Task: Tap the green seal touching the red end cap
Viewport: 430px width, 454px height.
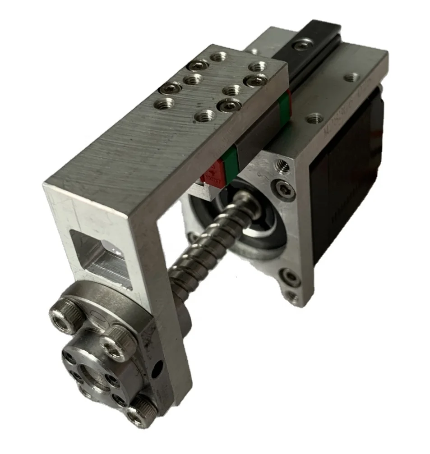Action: pyautogui.click(x=230, y=165)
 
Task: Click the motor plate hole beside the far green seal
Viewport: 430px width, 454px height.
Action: pyautogui.click(x=314, y=119)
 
